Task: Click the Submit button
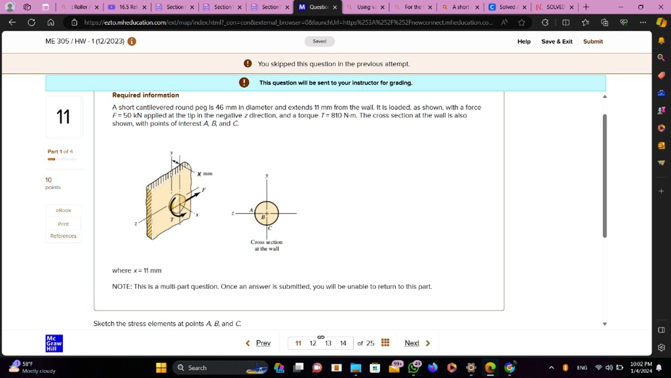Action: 592,41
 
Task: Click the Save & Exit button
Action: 556,41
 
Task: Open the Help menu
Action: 524,41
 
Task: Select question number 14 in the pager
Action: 343,343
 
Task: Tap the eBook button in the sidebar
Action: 64,211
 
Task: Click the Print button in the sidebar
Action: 64,224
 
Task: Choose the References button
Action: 64,236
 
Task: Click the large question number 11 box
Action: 64,117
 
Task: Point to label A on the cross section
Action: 251,210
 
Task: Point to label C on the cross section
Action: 269,228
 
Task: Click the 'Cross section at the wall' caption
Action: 266,245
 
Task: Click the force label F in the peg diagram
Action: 203,190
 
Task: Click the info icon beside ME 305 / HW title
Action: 132,41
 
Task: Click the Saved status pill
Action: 319,41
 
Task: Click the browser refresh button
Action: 31,22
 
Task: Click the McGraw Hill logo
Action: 54,343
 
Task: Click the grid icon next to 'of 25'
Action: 385,343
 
